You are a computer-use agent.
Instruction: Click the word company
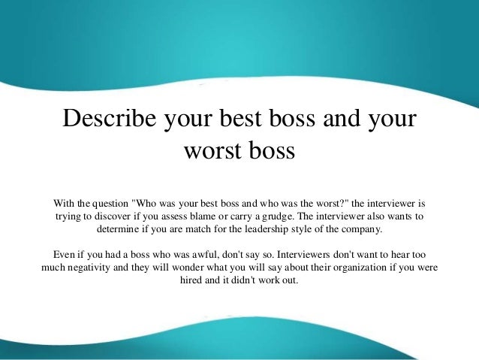[362, 229]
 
